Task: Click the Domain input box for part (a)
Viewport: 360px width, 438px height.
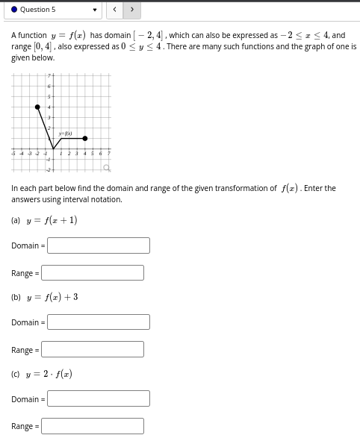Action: click(x=99, y=245)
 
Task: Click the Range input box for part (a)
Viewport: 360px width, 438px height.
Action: click(x=93, y=273)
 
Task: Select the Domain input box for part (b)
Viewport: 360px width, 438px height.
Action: click(x=99, y=322)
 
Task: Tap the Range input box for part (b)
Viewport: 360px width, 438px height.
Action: click(x=93, y=350)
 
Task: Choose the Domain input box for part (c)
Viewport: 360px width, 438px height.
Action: click(x=99, y=399)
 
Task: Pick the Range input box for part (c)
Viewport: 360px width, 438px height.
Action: click(x=93, y=426)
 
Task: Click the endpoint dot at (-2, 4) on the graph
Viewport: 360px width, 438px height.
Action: click(x=37, y=107)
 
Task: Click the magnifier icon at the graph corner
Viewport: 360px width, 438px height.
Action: click(x=107, y=168)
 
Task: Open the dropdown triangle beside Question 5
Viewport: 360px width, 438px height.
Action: click(x=95, y=10)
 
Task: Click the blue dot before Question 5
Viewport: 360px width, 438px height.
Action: click(x=15, y=10)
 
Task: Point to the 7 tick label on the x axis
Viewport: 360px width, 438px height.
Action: click(x=109, y=153)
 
